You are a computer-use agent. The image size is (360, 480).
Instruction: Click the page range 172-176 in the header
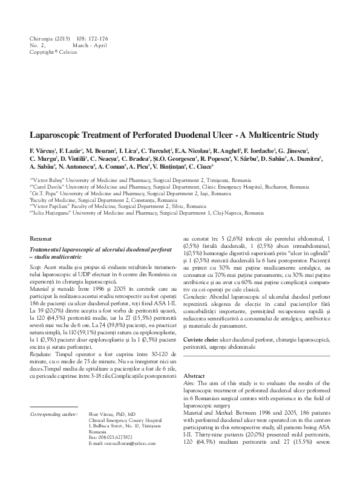click(x=91, y=39)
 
